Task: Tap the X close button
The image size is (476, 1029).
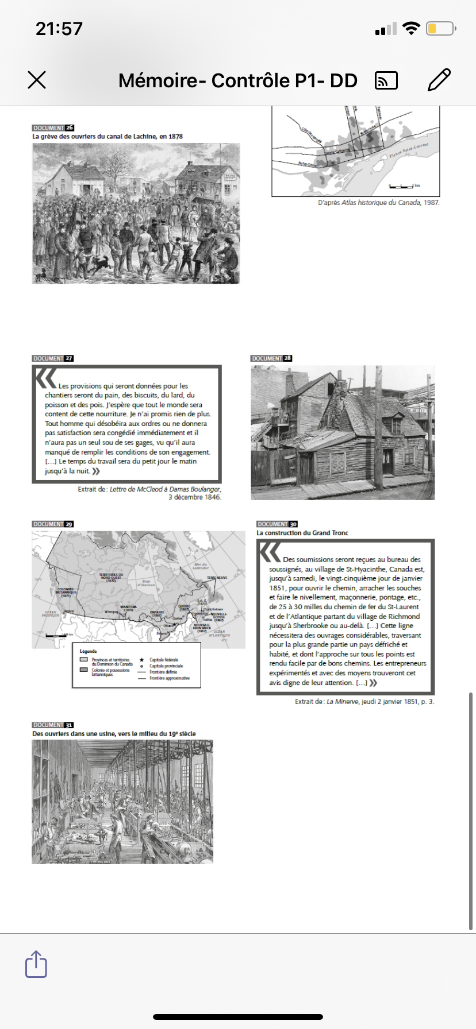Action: (37, 80)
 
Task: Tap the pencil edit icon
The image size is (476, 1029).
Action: (439, 80)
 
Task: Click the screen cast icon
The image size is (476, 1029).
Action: (386, 81)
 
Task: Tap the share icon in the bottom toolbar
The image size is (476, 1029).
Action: (36, 964)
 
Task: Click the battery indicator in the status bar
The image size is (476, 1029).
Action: (440, 28)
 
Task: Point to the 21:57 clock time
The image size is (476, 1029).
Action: (59, 28)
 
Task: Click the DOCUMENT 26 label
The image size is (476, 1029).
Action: (53, 127)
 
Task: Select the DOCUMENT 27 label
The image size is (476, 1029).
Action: (53, 358)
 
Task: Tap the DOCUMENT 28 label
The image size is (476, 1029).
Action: (271, 358)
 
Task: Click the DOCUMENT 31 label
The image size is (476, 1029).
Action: (53, 725)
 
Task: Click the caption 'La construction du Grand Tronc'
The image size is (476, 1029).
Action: (302, 533)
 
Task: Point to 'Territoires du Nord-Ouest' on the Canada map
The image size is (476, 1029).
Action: (111, 577)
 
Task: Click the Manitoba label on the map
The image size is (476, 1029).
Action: (129, 608)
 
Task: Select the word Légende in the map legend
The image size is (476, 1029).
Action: (89, 651)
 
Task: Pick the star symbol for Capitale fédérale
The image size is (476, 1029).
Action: (142, 660)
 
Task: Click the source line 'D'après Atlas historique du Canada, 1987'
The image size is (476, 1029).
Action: (378, 203)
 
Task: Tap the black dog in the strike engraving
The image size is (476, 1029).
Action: (103, 264)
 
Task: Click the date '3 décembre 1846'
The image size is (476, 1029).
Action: (194, 497)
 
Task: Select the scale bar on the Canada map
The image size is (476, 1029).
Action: (56, 636)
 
